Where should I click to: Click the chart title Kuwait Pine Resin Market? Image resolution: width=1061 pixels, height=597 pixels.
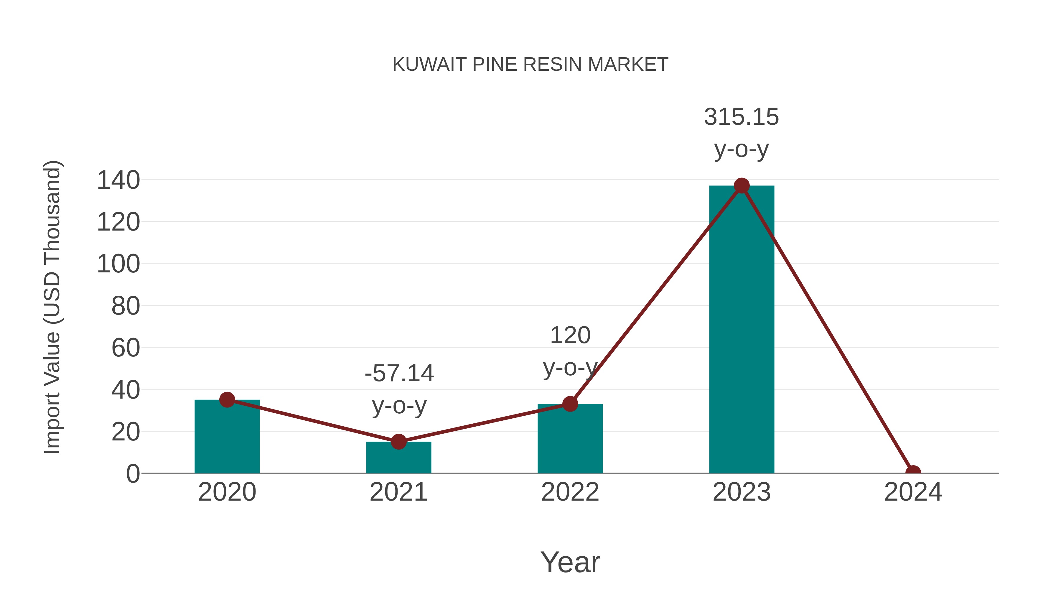(530, 65)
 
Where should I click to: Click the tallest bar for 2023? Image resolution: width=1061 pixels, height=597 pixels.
(742, 330)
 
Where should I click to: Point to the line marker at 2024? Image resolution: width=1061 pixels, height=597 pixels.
(913, 473)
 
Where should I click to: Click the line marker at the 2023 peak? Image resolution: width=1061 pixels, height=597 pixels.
(742, 186)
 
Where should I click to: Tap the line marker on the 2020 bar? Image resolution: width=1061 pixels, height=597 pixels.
(227, 400)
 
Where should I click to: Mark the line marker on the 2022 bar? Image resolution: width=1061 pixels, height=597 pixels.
(570, 404)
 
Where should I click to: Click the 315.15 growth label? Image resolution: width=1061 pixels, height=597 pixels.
(742, 117)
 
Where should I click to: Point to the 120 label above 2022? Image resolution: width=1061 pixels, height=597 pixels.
(570, 335)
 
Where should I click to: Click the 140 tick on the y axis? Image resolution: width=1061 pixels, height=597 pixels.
(118, 180)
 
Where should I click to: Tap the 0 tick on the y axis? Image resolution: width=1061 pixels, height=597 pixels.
(133, 474)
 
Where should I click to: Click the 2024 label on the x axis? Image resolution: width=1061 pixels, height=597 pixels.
(913, 492)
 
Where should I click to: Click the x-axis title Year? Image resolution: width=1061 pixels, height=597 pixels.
(570, 563)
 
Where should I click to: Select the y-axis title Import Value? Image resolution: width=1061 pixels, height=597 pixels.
(53, 307)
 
